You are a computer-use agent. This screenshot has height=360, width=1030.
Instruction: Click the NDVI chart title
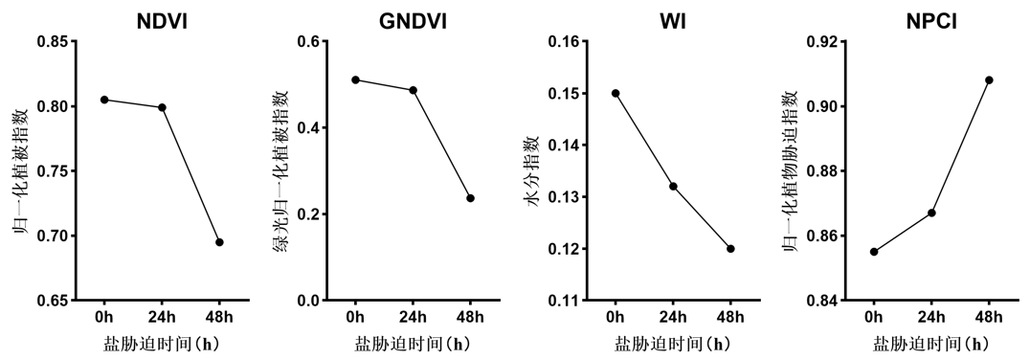[x=162, y=21]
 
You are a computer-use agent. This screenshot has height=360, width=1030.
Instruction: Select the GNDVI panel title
[x=414, y=21]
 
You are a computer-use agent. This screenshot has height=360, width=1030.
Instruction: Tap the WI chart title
[x=673, y=21]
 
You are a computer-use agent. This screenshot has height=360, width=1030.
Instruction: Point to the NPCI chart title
[x=930, y=21]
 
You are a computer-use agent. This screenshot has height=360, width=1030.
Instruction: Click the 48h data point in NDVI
[x=219, y=242]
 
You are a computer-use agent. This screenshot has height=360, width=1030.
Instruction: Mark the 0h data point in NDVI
[x=104, y=100]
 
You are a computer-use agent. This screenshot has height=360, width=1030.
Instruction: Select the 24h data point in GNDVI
[x=414, y=90]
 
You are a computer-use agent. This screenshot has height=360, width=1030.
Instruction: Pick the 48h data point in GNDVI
[x=470, y=198]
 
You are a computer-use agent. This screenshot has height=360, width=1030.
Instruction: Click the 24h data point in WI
[x=673, y=186]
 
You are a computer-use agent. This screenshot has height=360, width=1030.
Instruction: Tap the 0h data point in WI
[x=616, y=93]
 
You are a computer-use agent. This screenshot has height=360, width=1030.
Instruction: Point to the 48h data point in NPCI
[x=989, y=80]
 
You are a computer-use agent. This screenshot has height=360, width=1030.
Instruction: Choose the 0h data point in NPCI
[x=874, y=252]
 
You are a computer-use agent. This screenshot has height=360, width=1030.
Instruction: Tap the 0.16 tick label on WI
[x=563, y=42]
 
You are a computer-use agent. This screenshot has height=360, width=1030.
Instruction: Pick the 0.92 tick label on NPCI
[x=824, y=42]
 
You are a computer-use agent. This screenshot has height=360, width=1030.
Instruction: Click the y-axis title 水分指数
[x=535, y=170]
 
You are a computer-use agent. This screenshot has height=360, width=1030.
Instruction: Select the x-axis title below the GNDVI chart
[x=414, y=344]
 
